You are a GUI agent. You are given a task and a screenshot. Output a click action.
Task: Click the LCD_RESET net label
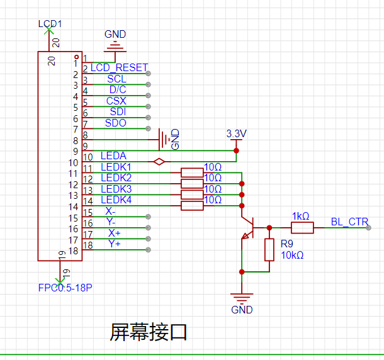pos(119,67)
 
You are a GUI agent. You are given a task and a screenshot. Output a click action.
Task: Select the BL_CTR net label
pos(349,222)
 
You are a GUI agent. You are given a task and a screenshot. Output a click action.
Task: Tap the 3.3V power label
pos(237,134)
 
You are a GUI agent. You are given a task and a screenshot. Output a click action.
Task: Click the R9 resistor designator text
pos(287,244)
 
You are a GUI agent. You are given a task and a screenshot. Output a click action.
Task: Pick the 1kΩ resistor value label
pos(300,216)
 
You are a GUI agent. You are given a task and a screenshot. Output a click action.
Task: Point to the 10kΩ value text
pos(292,255)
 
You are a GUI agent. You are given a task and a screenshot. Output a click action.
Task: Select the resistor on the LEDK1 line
pos(191,172)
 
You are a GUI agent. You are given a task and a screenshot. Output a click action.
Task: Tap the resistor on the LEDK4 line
pos(191,205)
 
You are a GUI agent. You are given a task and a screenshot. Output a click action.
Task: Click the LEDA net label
pos(113,155)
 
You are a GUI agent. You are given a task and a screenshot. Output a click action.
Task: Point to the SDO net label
pos(115,123)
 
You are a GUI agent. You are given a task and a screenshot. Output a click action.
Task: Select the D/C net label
pos(117,89)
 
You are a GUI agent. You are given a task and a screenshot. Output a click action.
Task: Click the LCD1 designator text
pos(50,24)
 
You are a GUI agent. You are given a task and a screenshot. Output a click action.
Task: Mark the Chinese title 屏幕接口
pos(149,331)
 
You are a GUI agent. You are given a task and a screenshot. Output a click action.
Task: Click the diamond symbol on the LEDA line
pos(160,162)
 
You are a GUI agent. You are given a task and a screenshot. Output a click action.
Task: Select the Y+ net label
pos(114,243)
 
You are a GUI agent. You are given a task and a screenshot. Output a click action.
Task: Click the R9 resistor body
pos(269,249)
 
